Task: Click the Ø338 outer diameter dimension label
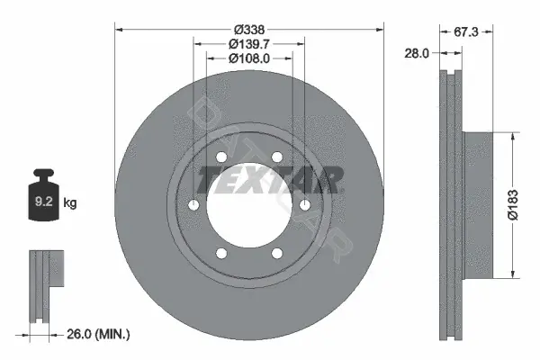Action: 249,30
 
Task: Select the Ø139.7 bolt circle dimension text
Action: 249,44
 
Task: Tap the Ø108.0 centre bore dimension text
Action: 249,58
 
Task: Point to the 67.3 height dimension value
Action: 466,32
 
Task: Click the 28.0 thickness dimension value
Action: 417,53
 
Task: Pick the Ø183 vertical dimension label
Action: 513,204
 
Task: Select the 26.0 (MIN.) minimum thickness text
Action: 98,334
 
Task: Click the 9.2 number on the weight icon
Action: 43,202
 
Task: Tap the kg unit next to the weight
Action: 70,202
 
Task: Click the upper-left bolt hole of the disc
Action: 221,157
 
